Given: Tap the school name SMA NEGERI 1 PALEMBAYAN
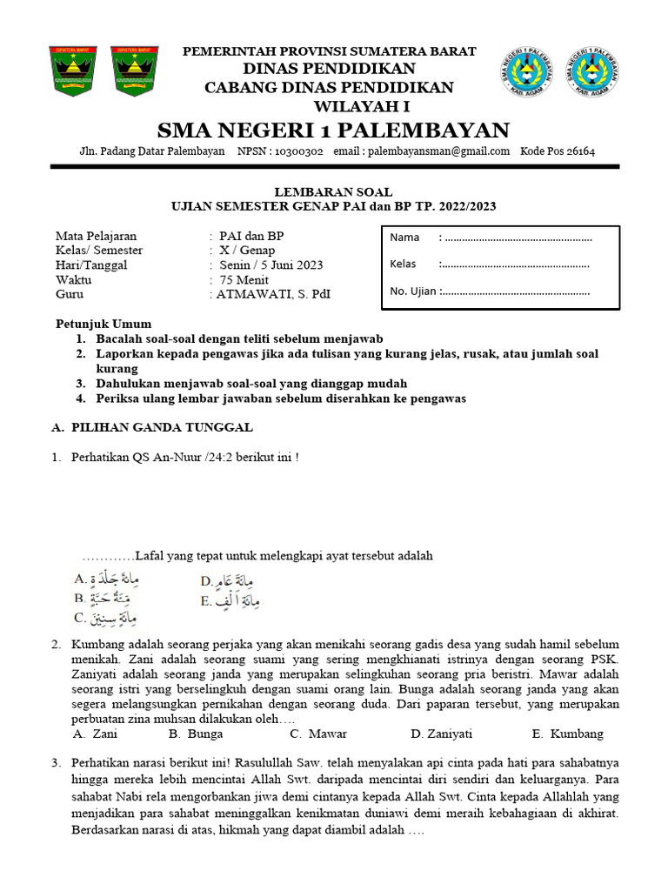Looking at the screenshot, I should (333, 131).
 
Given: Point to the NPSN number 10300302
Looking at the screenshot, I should (298, 151).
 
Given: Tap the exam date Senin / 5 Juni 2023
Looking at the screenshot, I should (271, 265).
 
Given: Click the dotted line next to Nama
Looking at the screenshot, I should (517, 238).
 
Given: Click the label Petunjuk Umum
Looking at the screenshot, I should (104, 324).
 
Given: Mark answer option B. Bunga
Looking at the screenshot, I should (198, 734).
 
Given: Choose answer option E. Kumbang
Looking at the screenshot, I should (567, 734).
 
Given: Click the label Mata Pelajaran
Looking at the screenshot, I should (96, 236).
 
